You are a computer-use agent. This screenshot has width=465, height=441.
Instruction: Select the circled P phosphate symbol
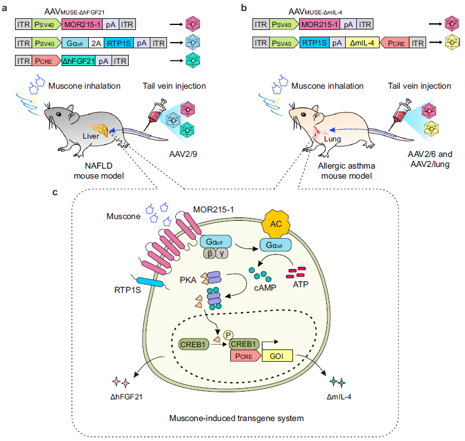228,334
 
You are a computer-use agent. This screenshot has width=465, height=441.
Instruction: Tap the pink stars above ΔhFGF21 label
122,382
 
